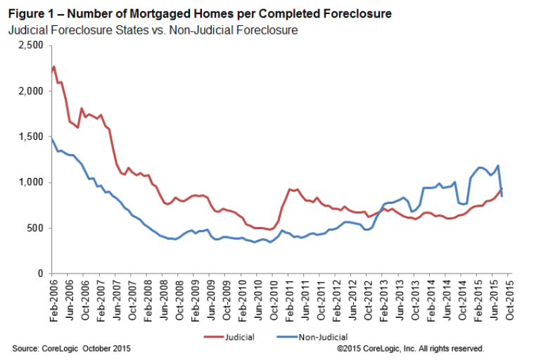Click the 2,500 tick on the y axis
(31, 46)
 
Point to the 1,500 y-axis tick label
(31, 136)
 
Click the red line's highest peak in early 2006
(54, 67)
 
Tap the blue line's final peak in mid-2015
(498, 166)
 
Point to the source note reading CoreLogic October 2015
(71, 349)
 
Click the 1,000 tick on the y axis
(31, 182)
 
